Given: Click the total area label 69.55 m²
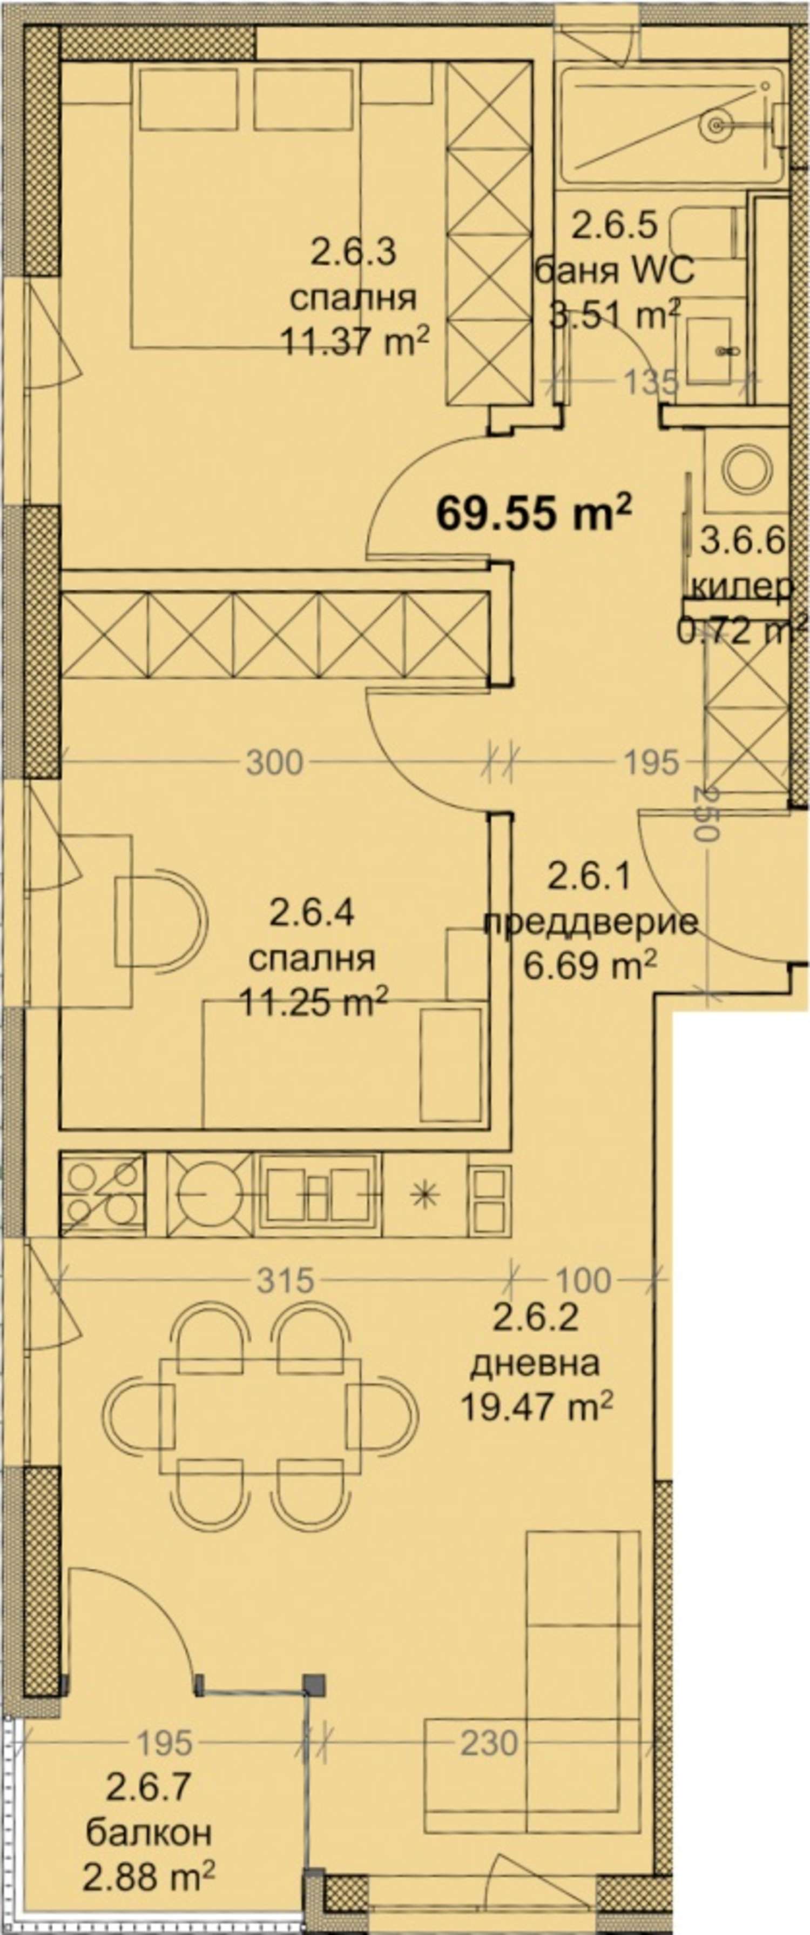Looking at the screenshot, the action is [534, 515].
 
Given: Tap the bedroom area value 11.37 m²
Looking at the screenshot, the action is [354, 344].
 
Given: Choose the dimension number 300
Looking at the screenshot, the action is [275, 763].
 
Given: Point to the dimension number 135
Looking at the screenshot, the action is [650, 384].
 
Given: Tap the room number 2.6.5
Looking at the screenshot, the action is [615, 225].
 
